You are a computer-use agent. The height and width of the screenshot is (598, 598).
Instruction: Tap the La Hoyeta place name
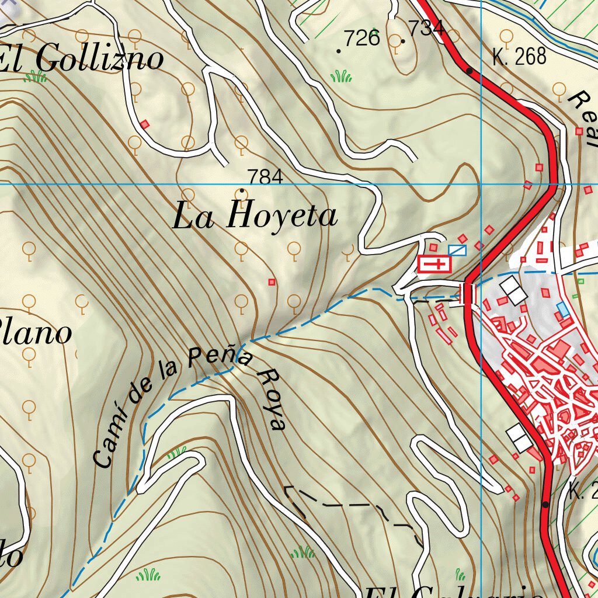(x=255, y=216)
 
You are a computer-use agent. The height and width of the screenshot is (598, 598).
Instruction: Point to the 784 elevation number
(x=265, y=176)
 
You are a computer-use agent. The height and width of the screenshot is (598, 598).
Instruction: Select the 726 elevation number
(x=361, y=39)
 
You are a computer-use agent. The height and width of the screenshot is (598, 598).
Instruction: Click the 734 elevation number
(x=426, y=27)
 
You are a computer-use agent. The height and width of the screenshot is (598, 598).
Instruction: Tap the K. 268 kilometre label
(x=519, y=57)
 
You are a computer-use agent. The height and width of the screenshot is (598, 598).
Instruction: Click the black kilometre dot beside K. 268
(x=470, y=71)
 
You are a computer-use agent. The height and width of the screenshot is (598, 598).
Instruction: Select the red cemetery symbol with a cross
(x=434, y=265)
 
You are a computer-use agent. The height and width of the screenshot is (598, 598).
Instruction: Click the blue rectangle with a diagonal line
(x=458, y=251)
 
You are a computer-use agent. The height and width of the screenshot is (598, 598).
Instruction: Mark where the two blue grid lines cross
(x=481, y=184)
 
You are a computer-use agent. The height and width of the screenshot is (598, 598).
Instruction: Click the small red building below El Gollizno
(x=145, y=124)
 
